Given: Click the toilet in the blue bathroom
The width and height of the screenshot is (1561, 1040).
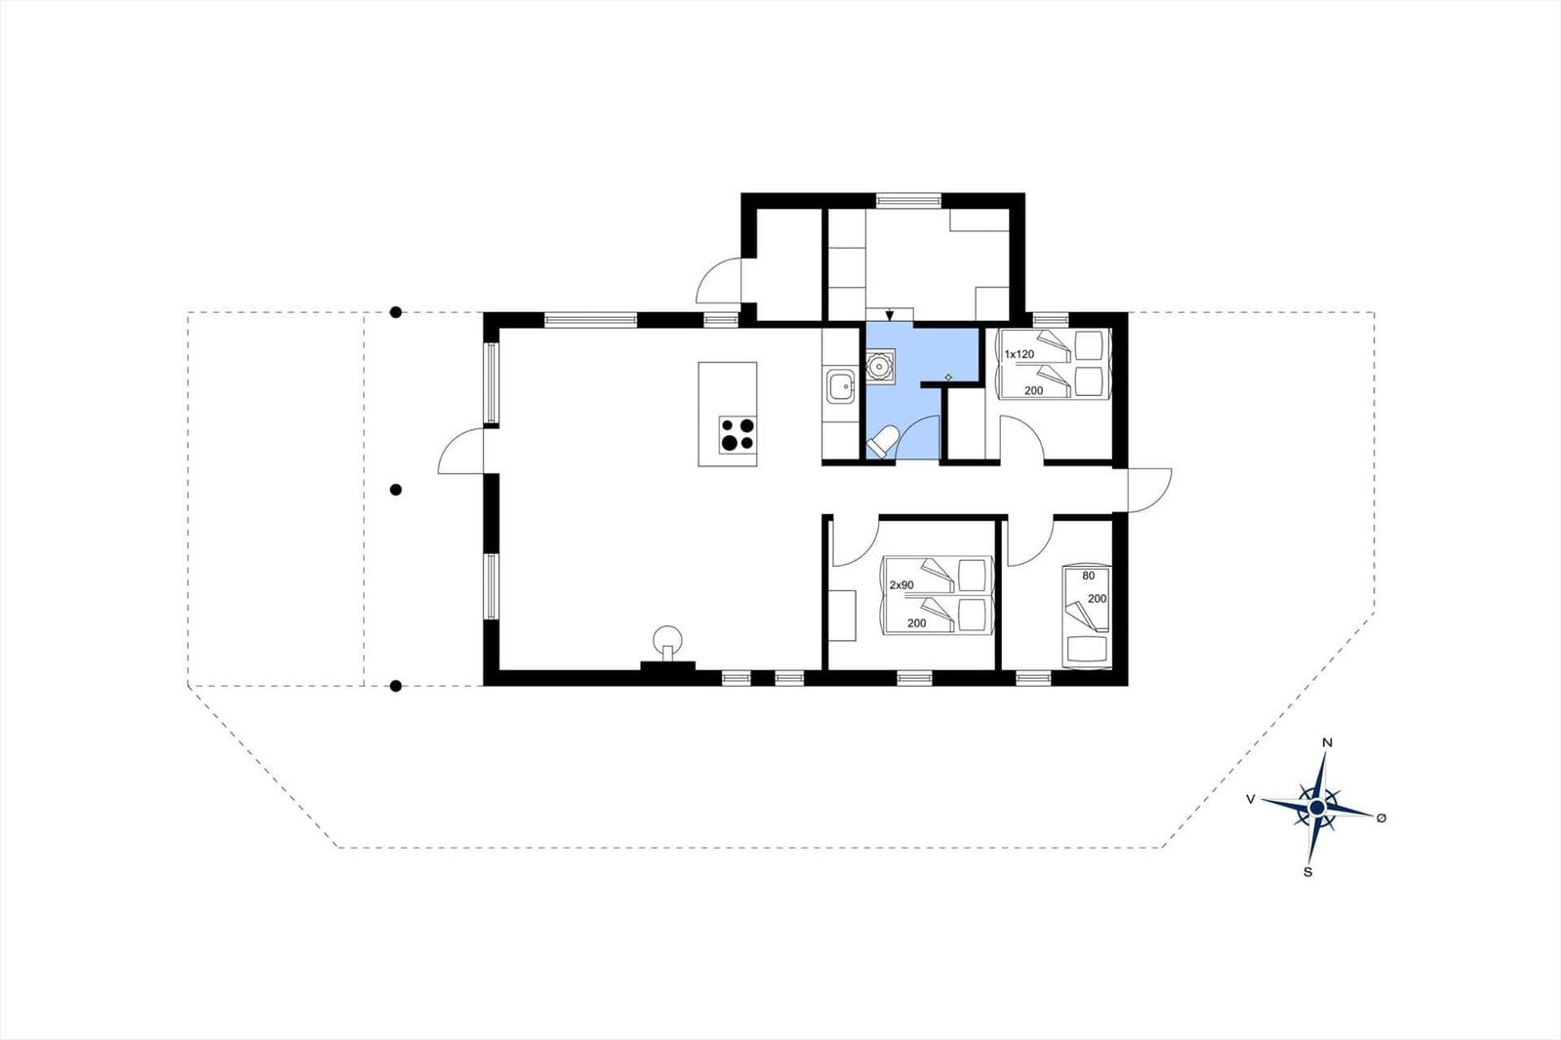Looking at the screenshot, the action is coord(882,442).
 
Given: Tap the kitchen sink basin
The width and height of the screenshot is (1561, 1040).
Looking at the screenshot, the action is coord(841,386).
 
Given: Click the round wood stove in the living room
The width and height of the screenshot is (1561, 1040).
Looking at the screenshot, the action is coord(667,639).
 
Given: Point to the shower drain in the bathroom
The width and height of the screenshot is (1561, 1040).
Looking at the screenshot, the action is coord(880,364).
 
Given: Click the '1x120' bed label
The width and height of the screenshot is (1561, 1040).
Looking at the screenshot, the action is coord(1019,354).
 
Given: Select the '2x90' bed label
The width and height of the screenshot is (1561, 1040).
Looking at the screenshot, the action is coord(901,584).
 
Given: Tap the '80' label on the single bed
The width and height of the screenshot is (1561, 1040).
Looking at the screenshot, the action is coord(1089,576).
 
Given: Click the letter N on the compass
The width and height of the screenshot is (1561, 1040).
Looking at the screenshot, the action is coord(1328,743).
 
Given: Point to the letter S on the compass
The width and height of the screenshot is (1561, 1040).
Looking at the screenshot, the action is coord(1308,872).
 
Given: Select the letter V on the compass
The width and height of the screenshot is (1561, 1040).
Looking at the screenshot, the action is coord(1251,800).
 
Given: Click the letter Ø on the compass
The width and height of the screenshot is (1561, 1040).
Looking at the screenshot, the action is coord(1381,818).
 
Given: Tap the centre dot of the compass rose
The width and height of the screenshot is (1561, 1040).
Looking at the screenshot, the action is coord(1317,807).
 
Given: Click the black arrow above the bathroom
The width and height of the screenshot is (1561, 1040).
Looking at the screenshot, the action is coord(889,316).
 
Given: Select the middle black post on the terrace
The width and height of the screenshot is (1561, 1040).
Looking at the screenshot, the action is coord(396,490).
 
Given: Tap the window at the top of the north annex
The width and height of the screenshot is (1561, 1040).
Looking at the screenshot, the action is coord(908,201).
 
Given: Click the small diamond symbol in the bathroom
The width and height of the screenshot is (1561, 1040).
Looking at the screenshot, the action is coord(947,378).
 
